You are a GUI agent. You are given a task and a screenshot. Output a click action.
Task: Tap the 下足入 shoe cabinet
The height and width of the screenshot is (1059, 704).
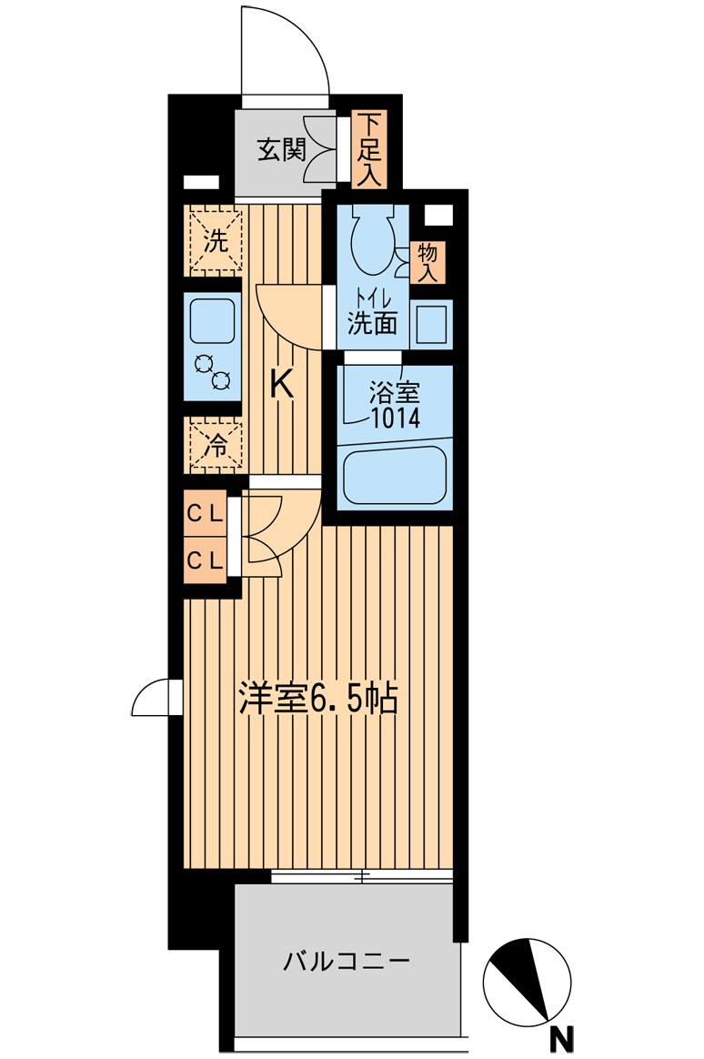pos(367,149)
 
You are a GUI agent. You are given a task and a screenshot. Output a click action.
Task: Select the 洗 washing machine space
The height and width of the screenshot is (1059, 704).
pos(215,242)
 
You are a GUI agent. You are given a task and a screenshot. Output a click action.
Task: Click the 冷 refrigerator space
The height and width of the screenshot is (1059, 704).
pos(215,445)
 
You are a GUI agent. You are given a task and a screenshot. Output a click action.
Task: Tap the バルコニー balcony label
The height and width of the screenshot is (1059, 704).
pos(346,961)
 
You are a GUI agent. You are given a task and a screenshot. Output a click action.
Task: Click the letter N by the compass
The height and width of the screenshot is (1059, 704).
pos(565,1035)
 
